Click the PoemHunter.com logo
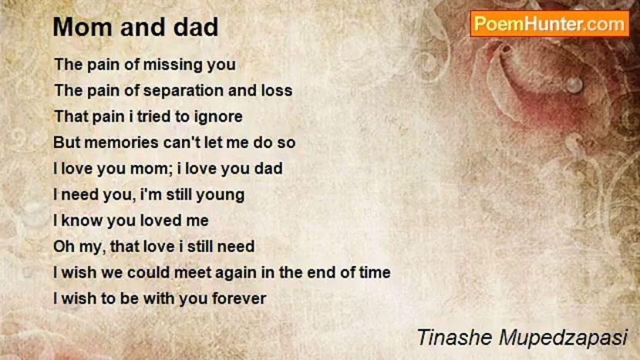coord(549,24)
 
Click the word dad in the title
coord(196,27)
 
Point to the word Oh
coord(63,247)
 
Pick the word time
coord(374,272)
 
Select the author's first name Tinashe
coord(454,338)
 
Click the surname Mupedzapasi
coord(562,338)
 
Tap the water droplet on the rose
coord(574,85)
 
